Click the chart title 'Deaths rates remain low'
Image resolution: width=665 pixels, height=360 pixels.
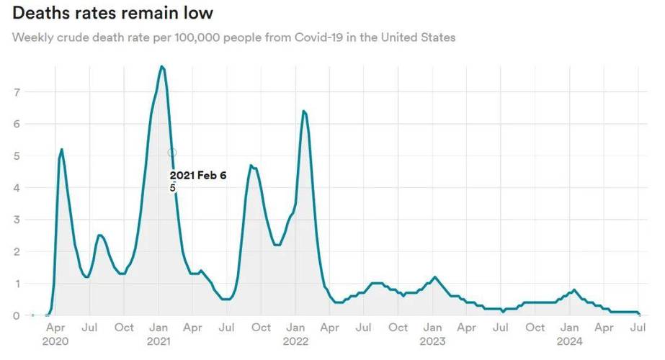pos(112,13)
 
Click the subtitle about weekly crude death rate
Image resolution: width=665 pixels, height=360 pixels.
pos(233,37)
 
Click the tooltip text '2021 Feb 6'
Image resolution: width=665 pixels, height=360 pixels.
pos(198,175)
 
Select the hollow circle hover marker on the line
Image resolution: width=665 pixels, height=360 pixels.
pos(172,153)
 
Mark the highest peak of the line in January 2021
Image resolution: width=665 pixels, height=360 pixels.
pos(162,66)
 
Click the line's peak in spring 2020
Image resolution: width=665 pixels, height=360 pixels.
pos(62,149)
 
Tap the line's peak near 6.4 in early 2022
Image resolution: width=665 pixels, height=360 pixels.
pos(304,111)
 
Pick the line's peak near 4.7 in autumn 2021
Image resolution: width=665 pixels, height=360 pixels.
pos(251,165)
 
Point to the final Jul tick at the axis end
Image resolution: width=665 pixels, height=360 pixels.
pos(638,328)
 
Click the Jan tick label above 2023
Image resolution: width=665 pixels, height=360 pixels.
pos(432,328)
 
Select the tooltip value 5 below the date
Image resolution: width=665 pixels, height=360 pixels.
pos(173,188)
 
